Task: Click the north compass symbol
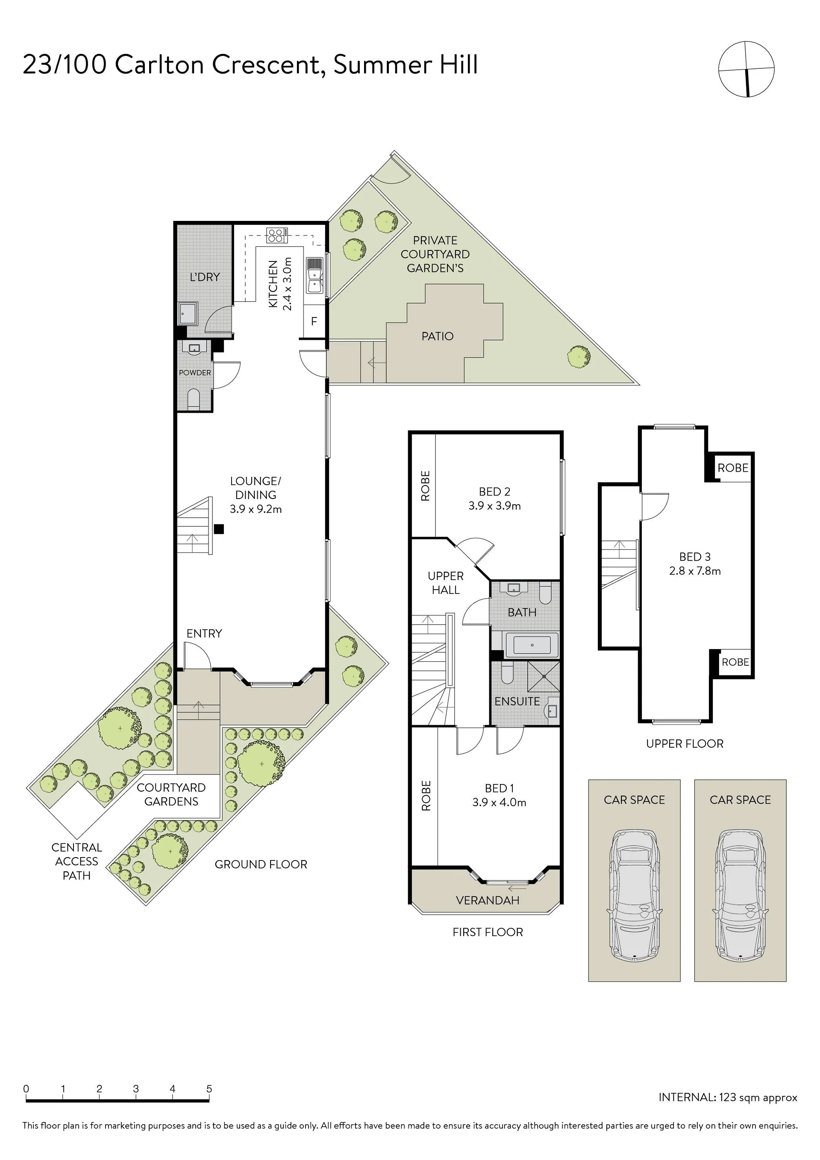tap(746, 69)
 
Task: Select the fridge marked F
tap(314, 321)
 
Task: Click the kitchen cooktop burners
tap(277, 235)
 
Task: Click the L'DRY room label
tap(205, 277)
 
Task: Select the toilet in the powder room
tap(194, 399)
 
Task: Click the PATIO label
tap(438, 336)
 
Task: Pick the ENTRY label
tap(204, 633)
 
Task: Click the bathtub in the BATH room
tap(532, 645)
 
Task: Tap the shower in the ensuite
tap(543, 676)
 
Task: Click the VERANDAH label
tap(488, 900)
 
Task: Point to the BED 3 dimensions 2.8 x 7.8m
tap(695, 571)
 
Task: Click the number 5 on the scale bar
tap(209, 1089)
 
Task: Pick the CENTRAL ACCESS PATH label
tap(77, 861)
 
